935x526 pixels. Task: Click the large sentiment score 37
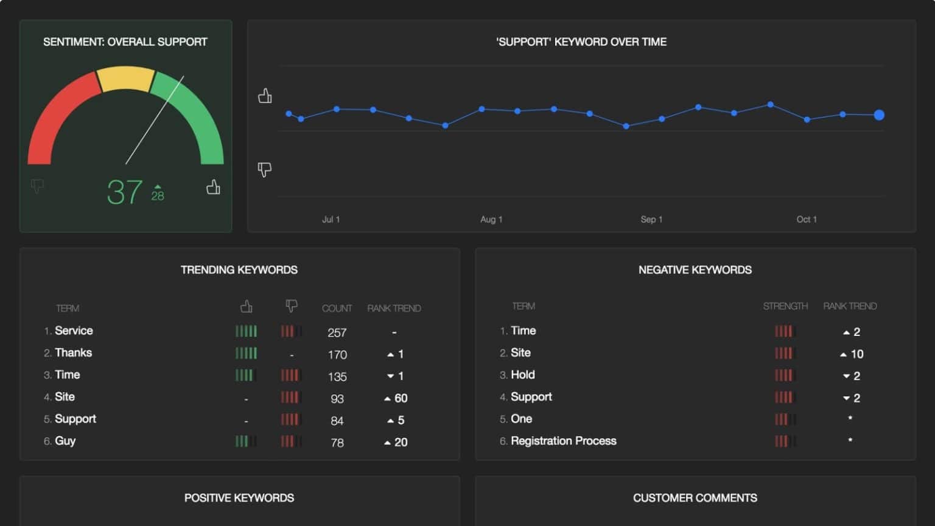pyautogui.click(x=125, y=192)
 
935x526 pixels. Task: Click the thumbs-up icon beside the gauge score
pyautogui.click(x=213, y=187)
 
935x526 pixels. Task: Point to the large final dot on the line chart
pyautogui.click(x=878, y=115)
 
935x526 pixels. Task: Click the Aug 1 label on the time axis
pyautogui.click(x=491, y=219)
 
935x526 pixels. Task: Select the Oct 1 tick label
pyautogui.click(x=806, y=219)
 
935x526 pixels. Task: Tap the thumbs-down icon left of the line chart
pyautogui.click(x=264, y=169)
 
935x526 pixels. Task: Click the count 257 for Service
pyautogui.click(x=337, y=332)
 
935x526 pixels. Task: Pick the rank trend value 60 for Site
pyautogui.click(x=396, y=398)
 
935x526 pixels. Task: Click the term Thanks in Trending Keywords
pyautogui.click(x=73, y=353)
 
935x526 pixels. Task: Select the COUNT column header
pyautogui.click(x=337, y=309)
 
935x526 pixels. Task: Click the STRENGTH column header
pyautogui.click(x=785, y=306)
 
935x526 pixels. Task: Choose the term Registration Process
pyautogui.click(x=563, y=441)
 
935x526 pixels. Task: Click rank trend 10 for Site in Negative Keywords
pyautogui.click(x=852, y=354)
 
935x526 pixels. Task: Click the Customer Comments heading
pyautogui.click(x=695, y=498)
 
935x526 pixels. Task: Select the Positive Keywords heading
pyautogui.click(x=239, y=498)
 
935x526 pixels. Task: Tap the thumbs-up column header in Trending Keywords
pyautogui.click(x=246, y=307)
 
